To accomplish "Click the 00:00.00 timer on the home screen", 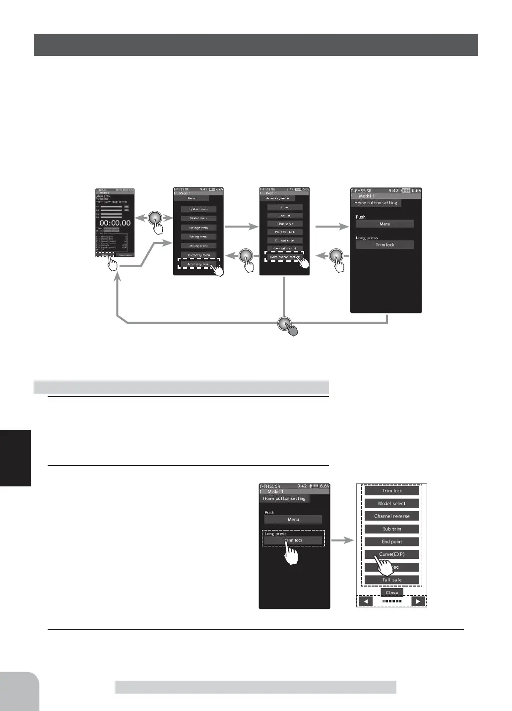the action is pos(115,223).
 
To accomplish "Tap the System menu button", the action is pos(198,209).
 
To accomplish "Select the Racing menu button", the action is pos(198,237).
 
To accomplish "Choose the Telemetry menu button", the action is pos(198,255).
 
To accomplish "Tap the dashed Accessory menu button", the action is pos(198,264).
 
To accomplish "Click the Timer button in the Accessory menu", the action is pos(285,207).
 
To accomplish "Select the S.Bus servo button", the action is pos(285,224).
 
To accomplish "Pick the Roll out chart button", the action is pos(285,240).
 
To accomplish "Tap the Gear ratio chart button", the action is pos(285,248).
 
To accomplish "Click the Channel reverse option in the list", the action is pos(392,516).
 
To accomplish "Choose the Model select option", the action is pos(392,503).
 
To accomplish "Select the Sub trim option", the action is pos(392,529).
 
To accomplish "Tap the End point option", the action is pos(392,542).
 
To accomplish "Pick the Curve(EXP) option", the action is pos(392,554).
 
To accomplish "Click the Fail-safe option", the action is pos(392,580).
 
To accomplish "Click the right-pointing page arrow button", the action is pos(418,601).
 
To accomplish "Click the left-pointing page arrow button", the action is pos(366,601).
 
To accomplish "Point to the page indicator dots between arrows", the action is pos(392,601).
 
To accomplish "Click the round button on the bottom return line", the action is pos(284,323).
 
